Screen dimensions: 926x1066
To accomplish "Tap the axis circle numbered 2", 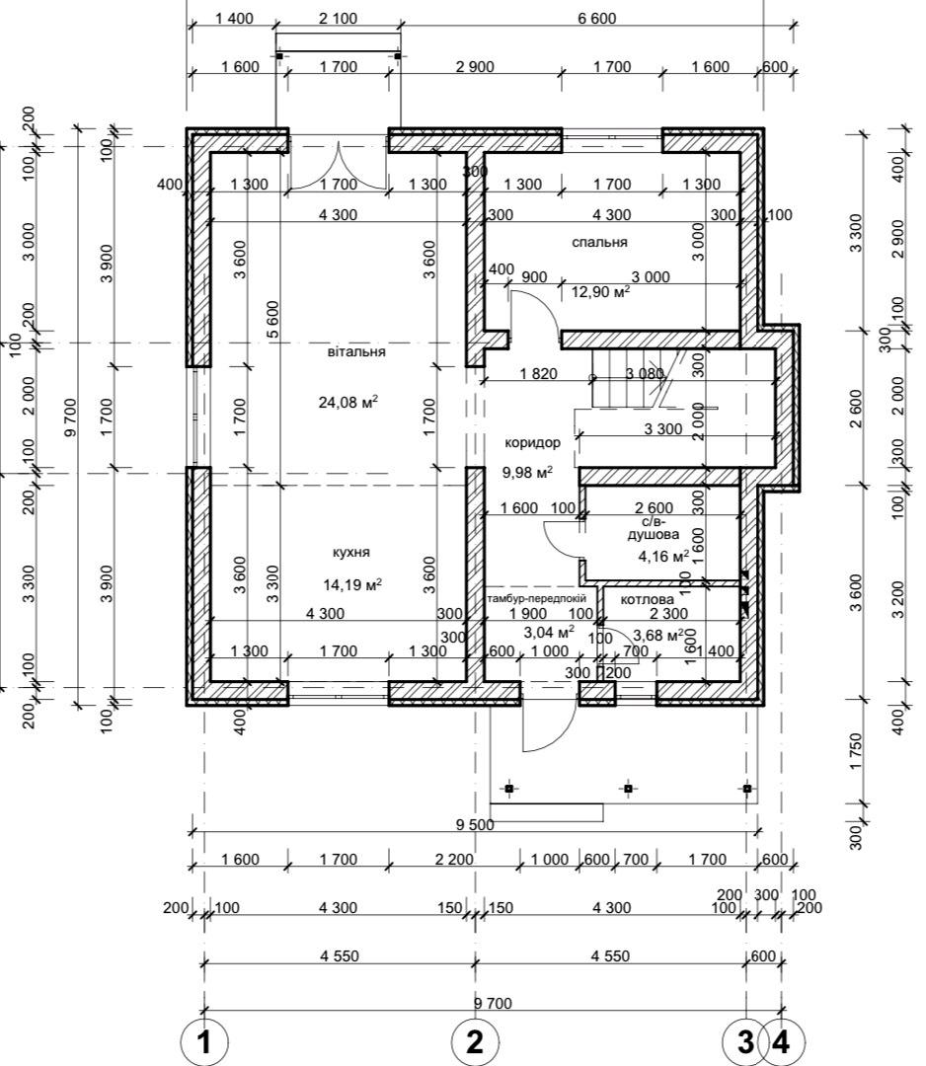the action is point(475,1041).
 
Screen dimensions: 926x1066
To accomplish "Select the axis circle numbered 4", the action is point(782,1041).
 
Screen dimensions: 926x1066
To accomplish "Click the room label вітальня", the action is point(356,352).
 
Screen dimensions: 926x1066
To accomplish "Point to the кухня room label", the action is point(351,552).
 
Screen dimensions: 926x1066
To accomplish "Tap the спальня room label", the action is point(599,242).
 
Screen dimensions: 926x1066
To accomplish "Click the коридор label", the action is point(532,442).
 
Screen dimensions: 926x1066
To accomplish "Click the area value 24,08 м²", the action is point(348,402).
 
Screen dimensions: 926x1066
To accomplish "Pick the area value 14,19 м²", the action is point(351,584).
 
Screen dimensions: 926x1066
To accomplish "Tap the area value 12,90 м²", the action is point(600,292).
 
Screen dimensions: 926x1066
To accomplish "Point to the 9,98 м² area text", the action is point(527,472).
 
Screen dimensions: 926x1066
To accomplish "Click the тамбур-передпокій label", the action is point(536,599).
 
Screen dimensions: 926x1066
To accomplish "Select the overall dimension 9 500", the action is point(475,824).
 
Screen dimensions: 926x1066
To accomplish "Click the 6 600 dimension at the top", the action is point(597,19).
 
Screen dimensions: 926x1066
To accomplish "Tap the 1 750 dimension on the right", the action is point(856,751).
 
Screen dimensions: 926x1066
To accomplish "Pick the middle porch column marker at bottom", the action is point(628,789).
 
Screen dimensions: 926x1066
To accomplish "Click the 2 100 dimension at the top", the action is point(338,19).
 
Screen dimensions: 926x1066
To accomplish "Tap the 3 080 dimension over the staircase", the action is point(644,373).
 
